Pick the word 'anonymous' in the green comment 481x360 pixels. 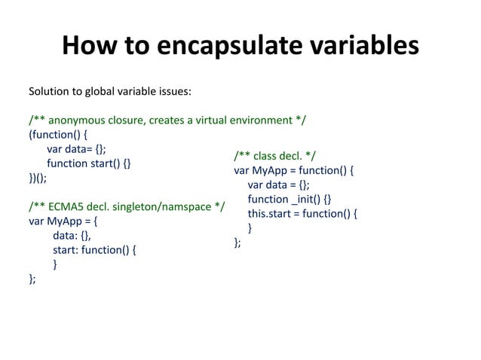point(78,121)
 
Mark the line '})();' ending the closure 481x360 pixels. point(42,178)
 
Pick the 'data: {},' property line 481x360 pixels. point(72,236)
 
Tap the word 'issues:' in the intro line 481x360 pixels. point(173,92)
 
